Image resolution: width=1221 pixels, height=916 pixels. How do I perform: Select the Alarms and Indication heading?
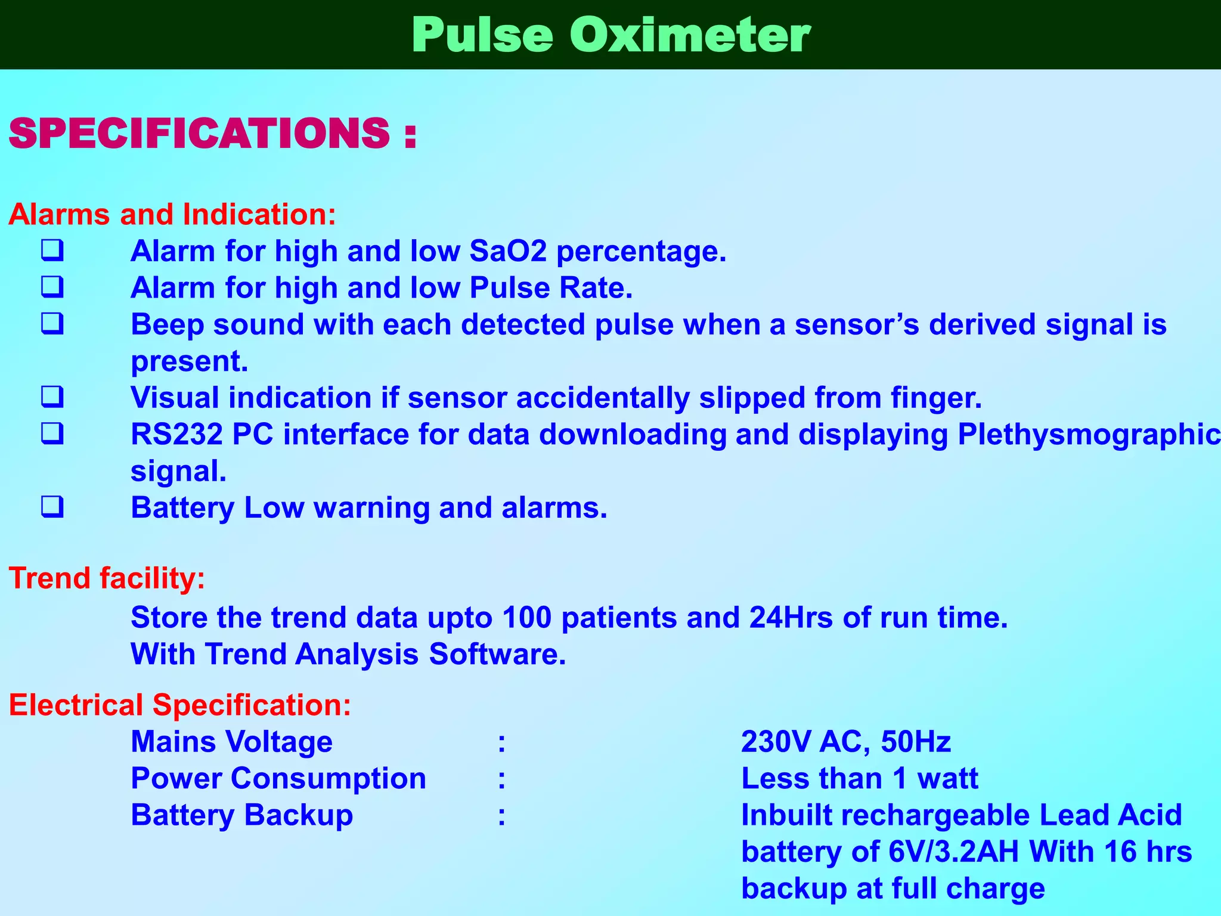click(172, 214)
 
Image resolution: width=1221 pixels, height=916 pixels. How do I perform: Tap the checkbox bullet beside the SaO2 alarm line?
click(52, 250)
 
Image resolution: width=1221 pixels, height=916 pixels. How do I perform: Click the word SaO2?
click(508, 251)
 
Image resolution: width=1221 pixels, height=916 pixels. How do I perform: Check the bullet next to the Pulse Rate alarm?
click(52, 287)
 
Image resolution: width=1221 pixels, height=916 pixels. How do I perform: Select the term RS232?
click(176, 434)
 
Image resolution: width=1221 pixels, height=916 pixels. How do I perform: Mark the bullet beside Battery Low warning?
click(52, 507)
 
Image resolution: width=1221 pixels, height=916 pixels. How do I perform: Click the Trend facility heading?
click(107, 578)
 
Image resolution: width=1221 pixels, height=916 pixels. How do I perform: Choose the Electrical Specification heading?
click(180, 705)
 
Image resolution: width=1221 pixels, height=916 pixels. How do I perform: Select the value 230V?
click(776, 742)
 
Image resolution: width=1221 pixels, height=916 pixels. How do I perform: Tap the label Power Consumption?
click(278, 779)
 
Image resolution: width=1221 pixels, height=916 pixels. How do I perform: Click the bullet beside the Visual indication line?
click(52, 397)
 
